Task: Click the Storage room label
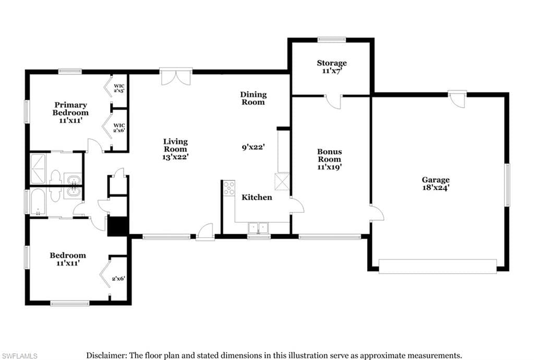click(332, 63)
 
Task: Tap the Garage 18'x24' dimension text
click(436, 188)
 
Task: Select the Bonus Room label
click(330, 155)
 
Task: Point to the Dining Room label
click(253, 98)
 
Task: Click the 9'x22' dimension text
click(253, 147)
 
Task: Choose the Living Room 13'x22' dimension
click(175, 157)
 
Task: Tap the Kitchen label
click(257, 198)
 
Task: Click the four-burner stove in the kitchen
click(229, 188)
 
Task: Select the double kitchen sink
click(259, 227)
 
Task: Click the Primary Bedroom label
click(70, 109)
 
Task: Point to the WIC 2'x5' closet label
click(119, 88)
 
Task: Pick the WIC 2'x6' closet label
click(119, 128)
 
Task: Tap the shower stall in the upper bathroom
click(38, 169)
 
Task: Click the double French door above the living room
click(176, 76)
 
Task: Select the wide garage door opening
click(438, 266)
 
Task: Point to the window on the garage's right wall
click(507, 185)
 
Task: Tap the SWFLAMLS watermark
click(19, 356)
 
